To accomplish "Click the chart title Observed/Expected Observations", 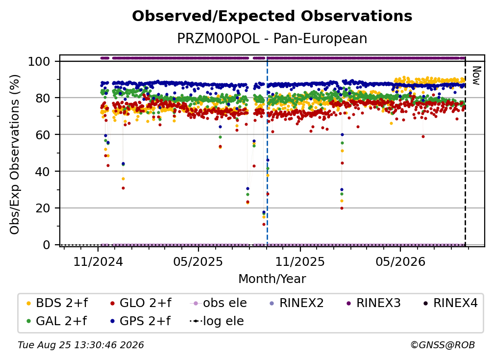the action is click(x=272, y=16).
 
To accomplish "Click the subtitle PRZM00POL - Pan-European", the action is click(x=272, y=38).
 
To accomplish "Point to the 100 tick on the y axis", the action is click(x=39, y=61).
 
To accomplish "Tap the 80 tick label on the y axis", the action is click(x=43, y=98).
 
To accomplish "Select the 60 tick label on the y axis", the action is click(x=43, y=135).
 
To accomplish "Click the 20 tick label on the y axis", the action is click(x=43, y=208).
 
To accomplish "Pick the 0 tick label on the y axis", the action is click(x=47, y=245).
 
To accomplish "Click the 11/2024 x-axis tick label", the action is click(x=98, y=261).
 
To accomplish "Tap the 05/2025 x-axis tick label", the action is click(x=198, y=261).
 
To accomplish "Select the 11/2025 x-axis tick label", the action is click(x=300, y=261).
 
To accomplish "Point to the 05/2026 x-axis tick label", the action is click(x=400, y=261).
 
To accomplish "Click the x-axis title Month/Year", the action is click(x=272, y=279).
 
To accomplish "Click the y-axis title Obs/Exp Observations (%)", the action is click(x=15, y=154).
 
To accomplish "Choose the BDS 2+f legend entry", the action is click(x=57, y=303).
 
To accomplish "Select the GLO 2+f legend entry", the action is click(x=141, y=303).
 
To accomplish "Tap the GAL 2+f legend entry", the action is click(x=56, y=321).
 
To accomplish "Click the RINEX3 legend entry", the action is click(x=373, y=303).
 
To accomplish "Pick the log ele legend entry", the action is click(x=217, y=321).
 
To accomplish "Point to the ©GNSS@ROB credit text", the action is click(x=443, y=345).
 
